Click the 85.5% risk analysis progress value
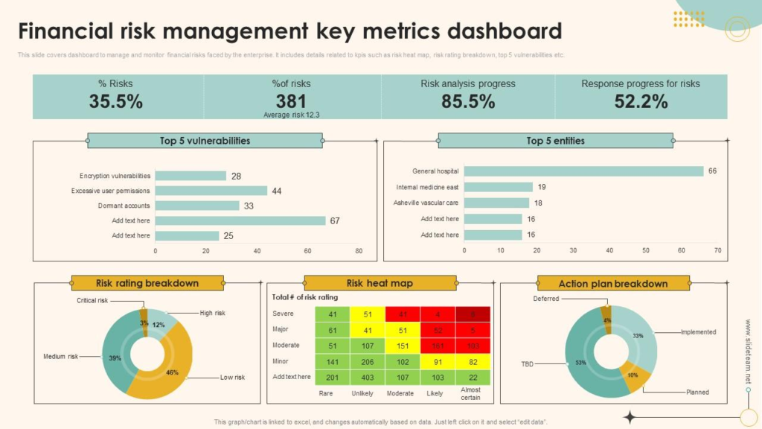point(467,101)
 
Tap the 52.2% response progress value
point(641,101)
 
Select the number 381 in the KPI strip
point(291,101)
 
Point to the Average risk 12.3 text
point(291,115)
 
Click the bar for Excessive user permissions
point(211,191)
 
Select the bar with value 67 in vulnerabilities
point(240,220)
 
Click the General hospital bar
point(583,171)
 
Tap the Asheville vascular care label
point(426,203)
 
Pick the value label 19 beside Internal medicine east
point(542,187)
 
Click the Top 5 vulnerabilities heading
point(205,141)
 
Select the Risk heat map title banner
point(380,283)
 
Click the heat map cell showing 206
point(367,361)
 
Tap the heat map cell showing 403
point(367,377)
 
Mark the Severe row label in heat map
point(283,314)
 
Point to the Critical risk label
point(92,300)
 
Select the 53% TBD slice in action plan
point(581,363)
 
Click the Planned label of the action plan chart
point(697,392)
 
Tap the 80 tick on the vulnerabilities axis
point(359,251)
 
